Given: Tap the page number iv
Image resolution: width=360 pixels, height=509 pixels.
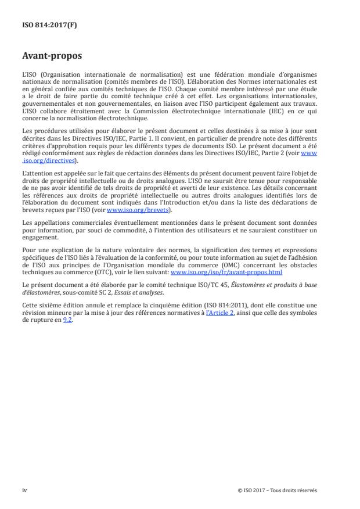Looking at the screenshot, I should [x=24, y=489].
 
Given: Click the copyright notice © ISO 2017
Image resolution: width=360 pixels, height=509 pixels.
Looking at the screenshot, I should [x=277, y=489].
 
